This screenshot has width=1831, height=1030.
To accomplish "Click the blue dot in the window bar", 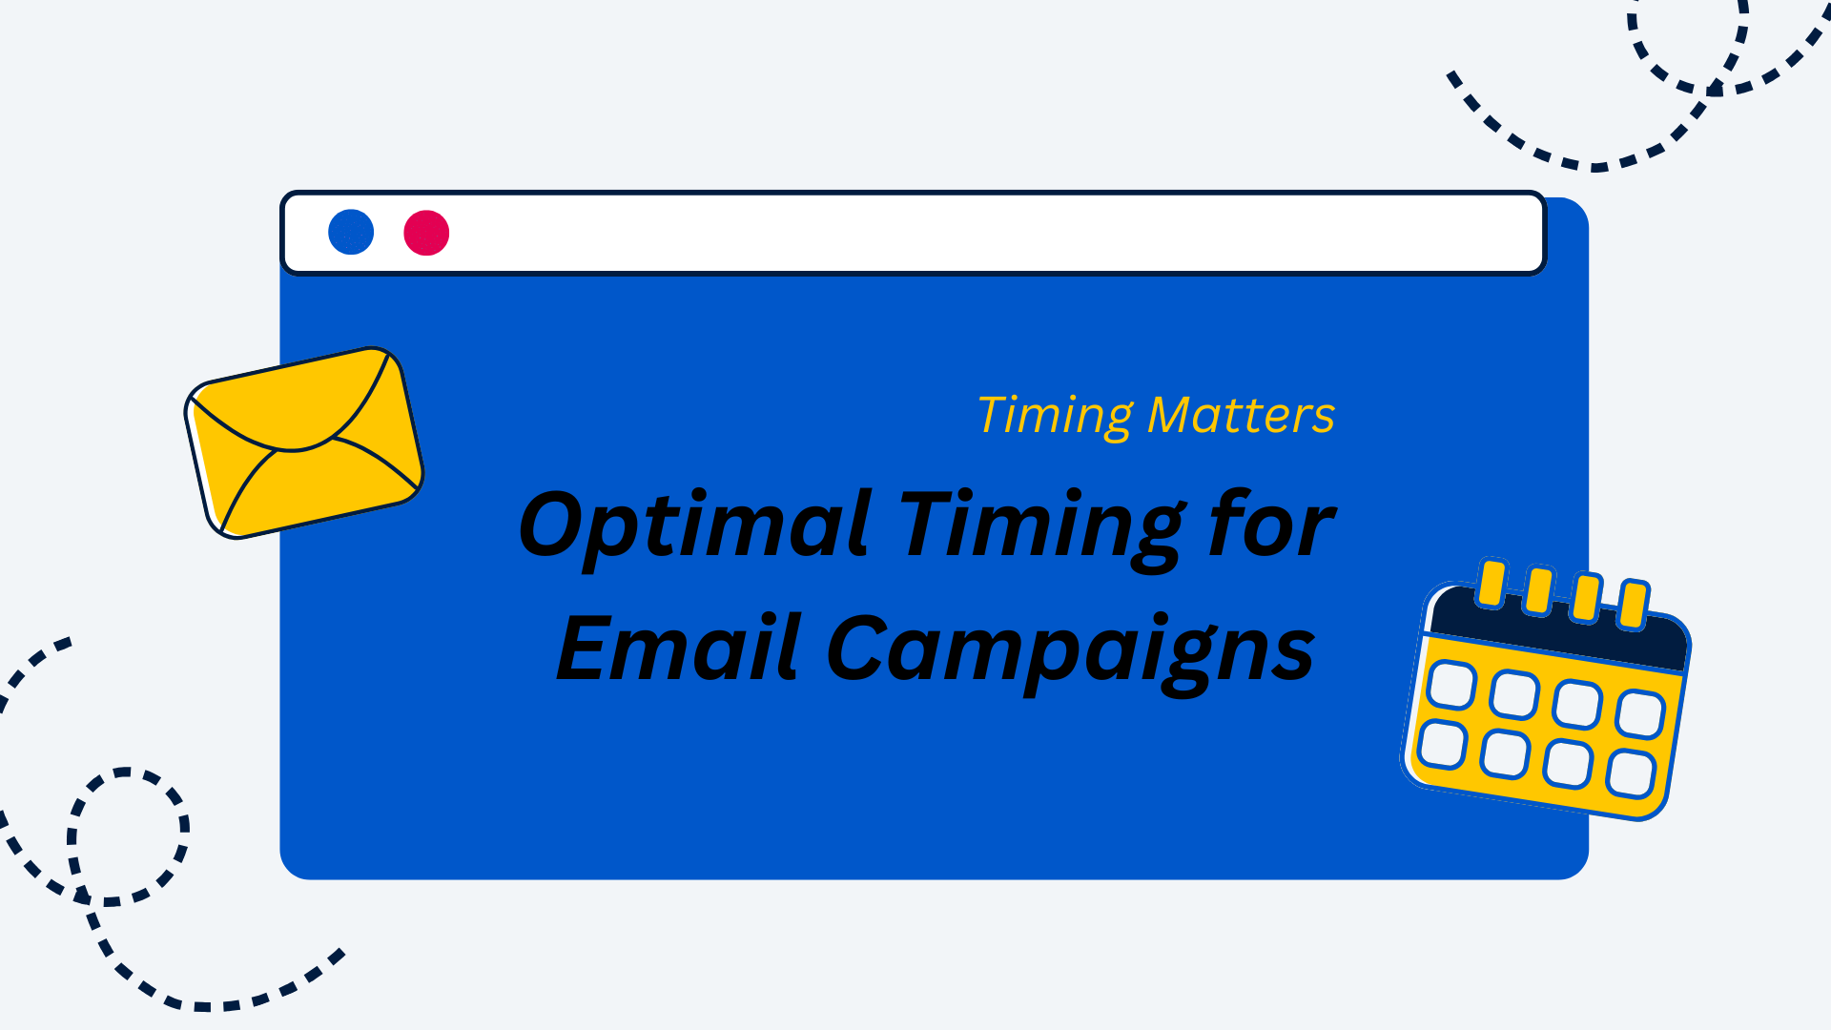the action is tap(351, 232).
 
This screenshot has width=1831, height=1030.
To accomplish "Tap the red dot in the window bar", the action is tap(426, 233).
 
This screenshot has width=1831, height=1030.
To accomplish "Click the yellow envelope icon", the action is tap(303, 443).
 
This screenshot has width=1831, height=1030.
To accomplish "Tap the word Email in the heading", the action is tap(679, 648).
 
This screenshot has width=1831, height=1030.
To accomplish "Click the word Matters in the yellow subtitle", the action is tap(1241, 416).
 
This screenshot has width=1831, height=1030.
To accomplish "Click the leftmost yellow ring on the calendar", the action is tap(1491, 584).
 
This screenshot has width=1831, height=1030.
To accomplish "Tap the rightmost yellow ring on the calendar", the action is tap(1634, 604).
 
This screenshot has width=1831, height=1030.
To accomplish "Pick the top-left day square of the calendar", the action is tap(1451, 686).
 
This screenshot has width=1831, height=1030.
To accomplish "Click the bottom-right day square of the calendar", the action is tap(1631, 773).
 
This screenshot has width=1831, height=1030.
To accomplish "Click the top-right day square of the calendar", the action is tap(1640, 714).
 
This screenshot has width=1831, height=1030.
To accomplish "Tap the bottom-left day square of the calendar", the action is tap(1442, 745).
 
